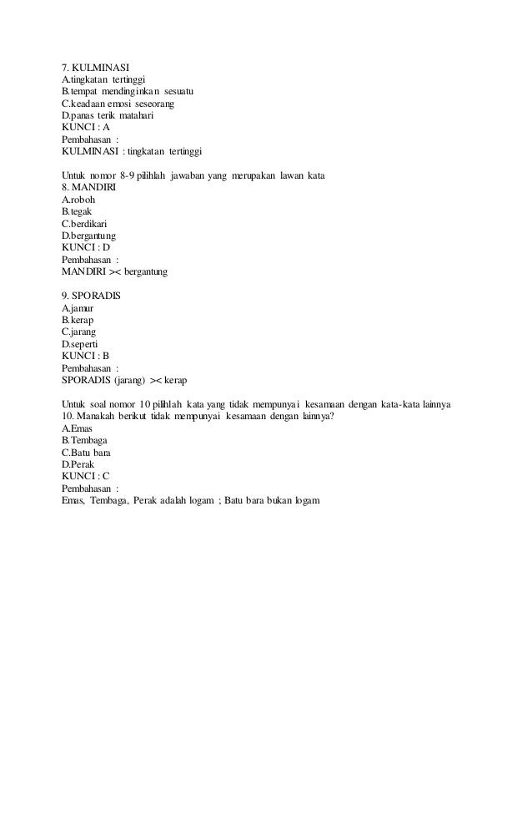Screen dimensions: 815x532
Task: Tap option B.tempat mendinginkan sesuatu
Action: pyautogui.click(x=128, y=90)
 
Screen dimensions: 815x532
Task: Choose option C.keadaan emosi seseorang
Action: pyautogui.click(x=118, y=103)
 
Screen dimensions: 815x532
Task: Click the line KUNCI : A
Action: pyautogui.click(x=86, y=127)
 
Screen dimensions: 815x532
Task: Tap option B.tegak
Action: pyautogui.click(x=77, y=211)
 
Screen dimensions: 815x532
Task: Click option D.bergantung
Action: pyautogui.click(x=88, y=235)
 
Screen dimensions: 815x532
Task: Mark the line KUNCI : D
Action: pyautogui.click(x=86, y=247)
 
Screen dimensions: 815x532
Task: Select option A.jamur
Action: pyautogui.click(x=78, y=308)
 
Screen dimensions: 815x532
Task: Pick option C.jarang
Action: pyautogui.click(x=79, y=332)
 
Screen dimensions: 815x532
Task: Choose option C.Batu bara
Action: pyautogui.click(x=86, y=453)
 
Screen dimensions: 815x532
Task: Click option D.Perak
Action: pyautogui.click(x=78, y=464)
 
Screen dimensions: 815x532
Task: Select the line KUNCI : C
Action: pyautogui.click(x=86, y=477)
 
